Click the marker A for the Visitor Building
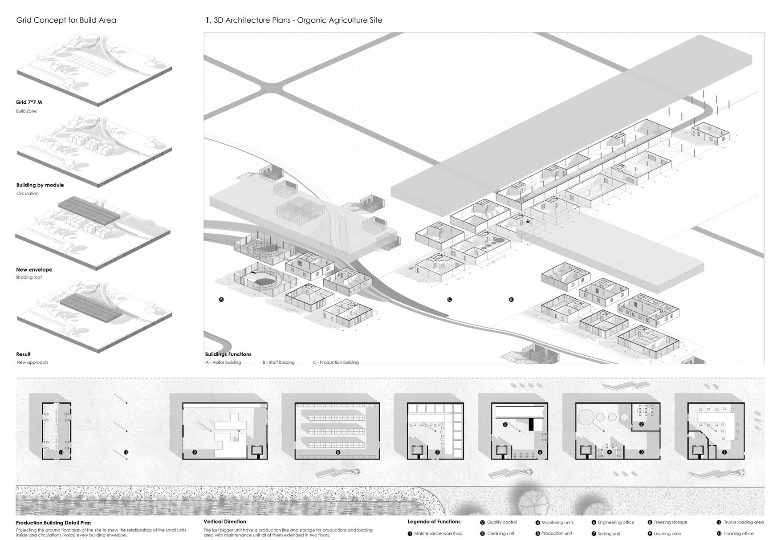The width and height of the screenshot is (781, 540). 221,300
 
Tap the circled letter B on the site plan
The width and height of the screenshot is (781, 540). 511,300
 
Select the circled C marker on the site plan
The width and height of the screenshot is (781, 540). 449,300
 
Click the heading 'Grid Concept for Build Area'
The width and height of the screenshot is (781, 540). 66,20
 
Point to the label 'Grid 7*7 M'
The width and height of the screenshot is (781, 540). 29,102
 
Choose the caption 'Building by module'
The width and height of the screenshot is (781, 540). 40,185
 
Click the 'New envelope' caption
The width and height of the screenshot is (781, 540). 34,269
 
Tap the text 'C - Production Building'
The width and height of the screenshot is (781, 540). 335,362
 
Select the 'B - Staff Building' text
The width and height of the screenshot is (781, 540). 278,362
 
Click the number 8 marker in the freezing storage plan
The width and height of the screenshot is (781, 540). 338,452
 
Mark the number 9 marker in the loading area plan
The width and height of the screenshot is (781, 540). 195,452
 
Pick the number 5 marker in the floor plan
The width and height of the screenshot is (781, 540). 505,425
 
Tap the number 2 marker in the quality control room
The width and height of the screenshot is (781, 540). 641,424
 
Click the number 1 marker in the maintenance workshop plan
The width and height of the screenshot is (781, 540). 724,452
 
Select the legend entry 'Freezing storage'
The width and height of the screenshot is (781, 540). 670,522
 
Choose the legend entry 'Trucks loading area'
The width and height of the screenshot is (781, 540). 743,522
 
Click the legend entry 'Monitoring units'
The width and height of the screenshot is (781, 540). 557,522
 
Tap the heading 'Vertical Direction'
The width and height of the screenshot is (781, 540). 224,521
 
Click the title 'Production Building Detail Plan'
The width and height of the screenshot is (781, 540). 53,523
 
